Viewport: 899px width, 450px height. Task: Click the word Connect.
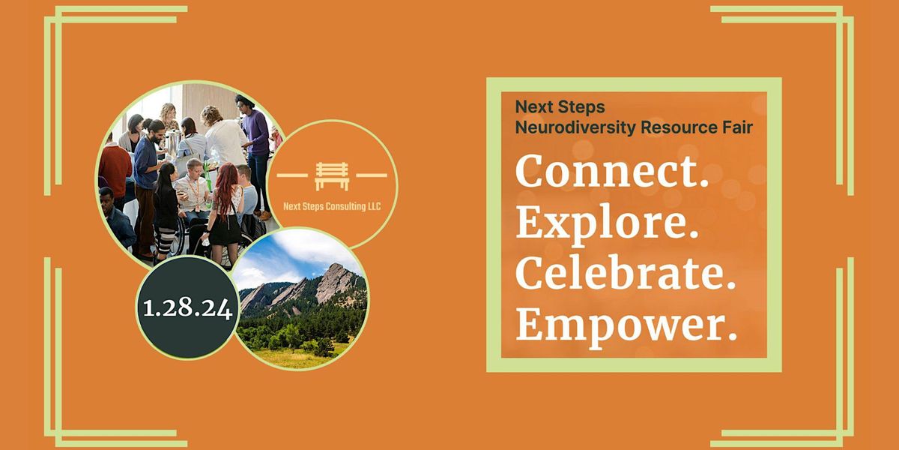612,172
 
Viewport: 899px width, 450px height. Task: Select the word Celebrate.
626,272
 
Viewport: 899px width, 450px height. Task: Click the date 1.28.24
187,308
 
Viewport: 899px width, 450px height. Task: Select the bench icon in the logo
332,176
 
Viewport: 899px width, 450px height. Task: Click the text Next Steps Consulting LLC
332,206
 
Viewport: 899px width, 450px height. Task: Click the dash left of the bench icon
291,175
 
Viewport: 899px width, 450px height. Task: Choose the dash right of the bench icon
372,175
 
